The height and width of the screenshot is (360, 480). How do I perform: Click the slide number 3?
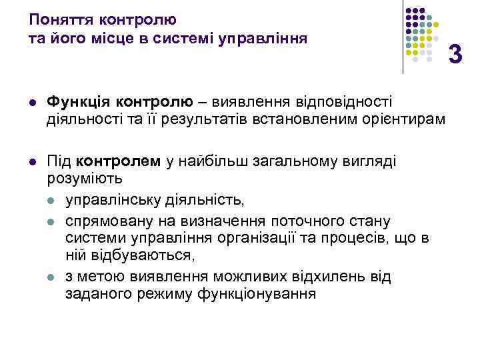point(455,53)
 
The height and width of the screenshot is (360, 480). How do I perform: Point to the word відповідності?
point(347,101)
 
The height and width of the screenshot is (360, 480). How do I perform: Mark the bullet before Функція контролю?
point(31,102)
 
